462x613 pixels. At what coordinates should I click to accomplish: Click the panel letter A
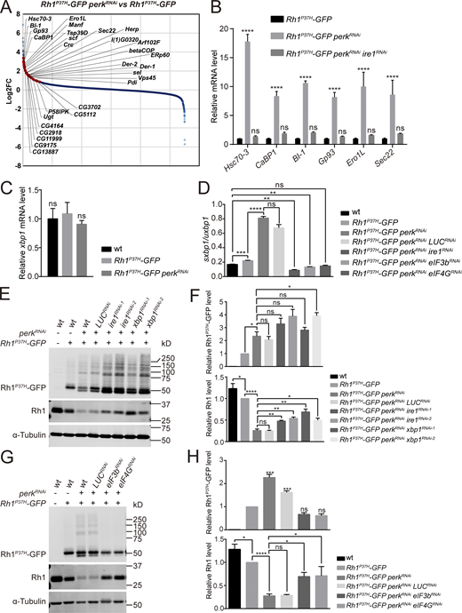(6, 8)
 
